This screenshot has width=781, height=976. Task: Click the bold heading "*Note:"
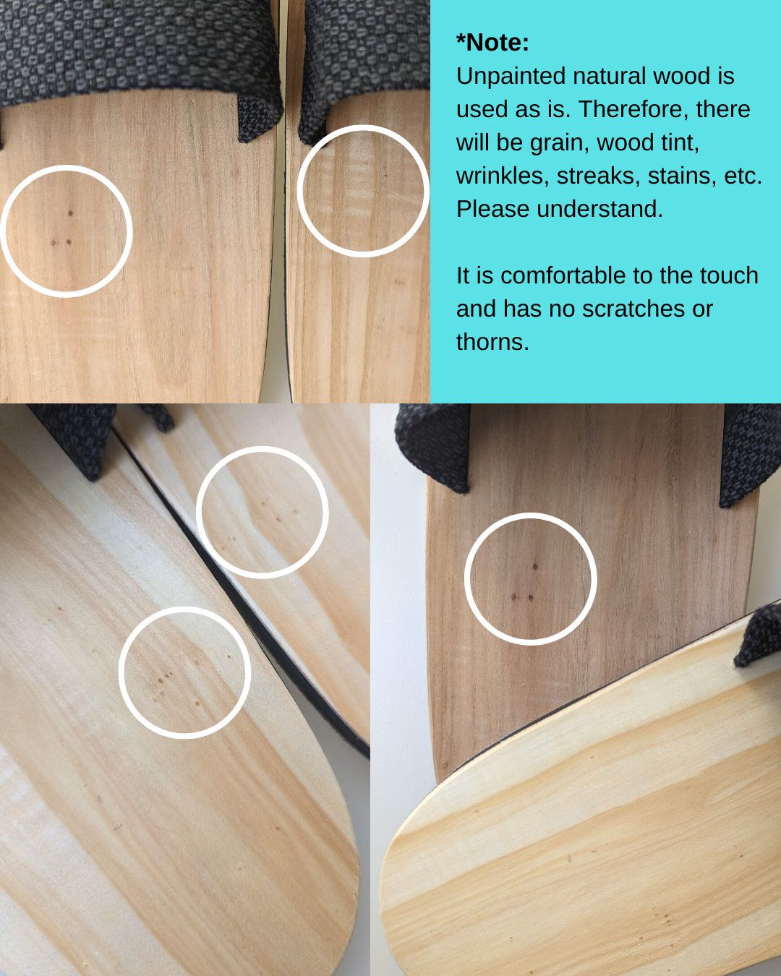tap(492, 43)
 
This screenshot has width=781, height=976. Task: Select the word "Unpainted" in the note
tap(511, 76)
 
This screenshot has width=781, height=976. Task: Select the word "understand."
tap(600, 210)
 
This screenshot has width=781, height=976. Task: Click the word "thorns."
tap(493, 342)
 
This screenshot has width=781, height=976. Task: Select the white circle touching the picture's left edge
tap(132, 231)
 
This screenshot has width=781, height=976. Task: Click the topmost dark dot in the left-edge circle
tap(70, 213)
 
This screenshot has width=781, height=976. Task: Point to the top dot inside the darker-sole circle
tap(535, 567)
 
